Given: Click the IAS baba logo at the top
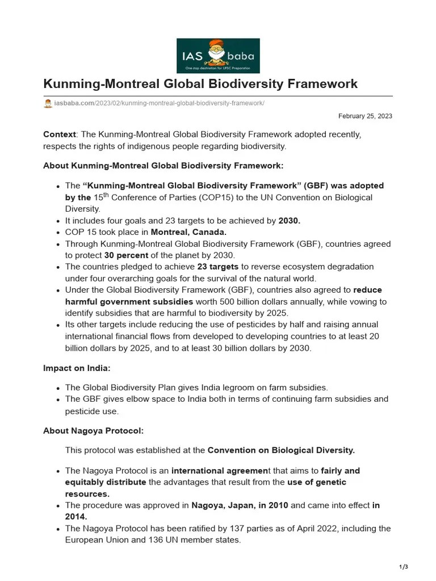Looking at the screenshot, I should click(218, 56).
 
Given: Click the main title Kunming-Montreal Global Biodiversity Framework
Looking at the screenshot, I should click(200, 84).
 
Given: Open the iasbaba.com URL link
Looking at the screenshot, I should click(159, 104).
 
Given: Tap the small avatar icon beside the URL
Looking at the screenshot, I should click(48, 104).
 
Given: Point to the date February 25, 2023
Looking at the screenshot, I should click(365, 116).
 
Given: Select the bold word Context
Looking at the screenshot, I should click(60, 134).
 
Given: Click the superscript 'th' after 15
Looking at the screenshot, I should click(105, 195).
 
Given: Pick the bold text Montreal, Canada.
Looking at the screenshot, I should click(188, 232).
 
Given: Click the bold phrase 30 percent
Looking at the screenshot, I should click(127, 255).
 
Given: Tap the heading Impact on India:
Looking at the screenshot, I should click(77, 368).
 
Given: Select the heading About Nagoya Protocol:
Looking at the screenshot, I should click(93, 430).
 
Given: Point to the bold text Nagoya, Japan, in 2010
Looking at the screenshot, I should click(240, 505).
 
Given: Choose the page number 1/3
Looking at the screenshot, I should click(404, 567).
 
